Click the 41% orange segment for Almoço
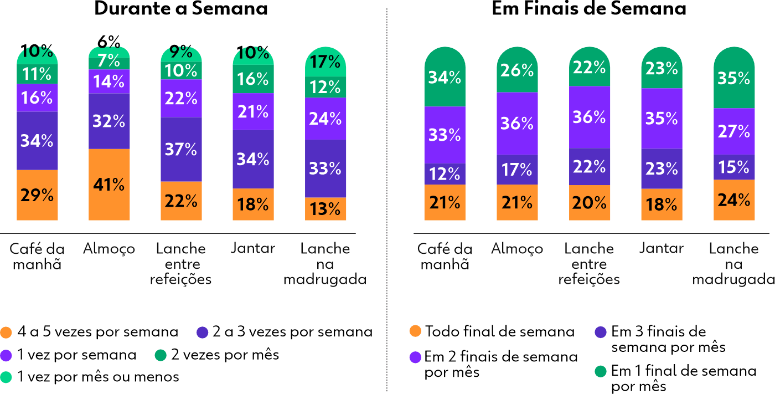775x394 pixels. click(x=109, y=185)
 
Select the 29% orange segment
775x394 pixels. click(x=37, y=195)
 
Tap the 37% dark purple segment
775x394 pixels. click(x=181, y=149)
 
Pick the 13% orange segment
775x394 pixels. click(x=325, y=209)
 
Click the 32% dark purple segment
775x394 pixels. click(x=109, y=121)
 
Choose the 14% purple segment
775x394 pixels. click(x=109, y=81)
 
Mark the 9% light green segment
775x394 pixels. click(x=181, y=53)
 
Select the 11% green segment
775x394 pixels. click(x=37, y=74)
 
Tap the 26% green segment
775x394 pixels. click(x=517, y=70)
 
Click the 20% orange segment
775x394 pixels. click(x=590, y=203)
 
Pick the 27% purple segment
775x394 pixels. click(x=733, y=131)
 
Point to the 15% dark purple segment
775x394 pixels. click(x=733, y=167)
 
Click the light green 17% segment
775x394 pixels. click(x=325, y=62)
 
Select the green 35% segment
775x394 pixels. click(x=733, y=78)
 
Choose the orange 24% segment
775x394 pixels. click(x=733, y=200)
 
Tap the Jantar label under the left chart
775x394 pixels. click(x=253, y=248)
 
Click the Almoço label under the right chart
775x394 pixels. click(x=517, y=249)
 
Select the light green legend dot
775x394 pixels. click(x=6, y=376)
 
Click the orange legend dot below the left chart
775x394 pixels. click(x=6, y=332)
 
